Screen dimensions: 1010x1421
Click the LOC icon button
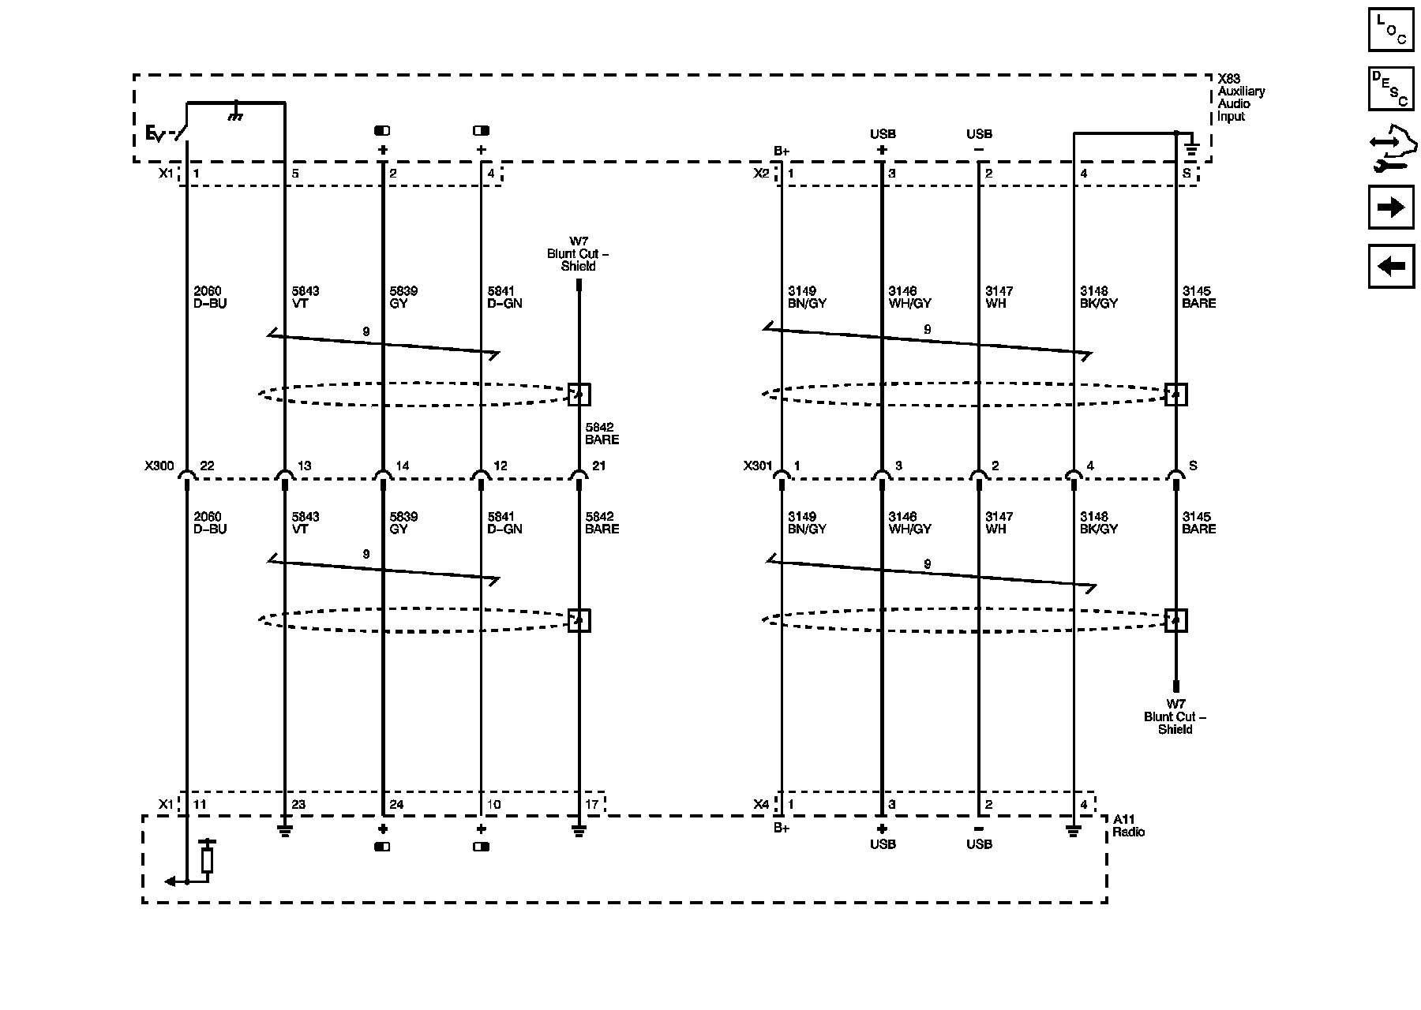1390,29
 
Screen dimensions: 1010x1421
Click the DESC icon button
1390,88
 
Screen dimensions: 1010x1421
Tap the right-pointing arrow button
1390,208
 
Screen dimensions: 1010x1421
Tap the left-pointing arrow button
1390,266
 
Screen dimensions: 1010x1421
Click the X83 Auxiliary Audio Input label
1240,98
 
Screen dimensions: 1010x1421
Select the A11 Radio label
1128,826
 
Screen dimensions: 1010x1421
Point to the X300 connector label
159,466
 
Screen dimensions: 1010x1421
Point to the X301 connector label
757,466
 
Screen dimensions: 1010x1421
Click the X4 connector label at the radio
760,805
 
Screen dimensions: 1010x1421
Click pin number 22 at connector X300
207,466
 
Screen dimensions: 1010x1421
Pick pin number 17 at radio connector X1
592,805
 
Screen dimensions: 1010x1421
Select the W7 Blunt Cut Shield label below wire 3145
1175,716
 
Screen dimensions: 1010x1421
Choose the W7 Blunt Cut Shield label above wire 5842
578,254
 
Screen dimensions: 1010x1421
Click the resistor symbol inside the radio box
207,860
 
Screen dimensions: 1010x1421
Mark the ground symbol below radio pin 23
284,831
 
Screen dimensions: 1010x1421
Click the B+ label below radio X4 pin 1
781,828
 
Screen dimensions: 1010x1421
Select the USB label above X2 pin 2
979,134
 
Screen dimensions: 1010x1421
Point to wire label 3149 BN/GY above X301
806,297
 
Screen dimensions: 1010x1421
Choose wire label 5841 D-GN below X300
504,522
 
